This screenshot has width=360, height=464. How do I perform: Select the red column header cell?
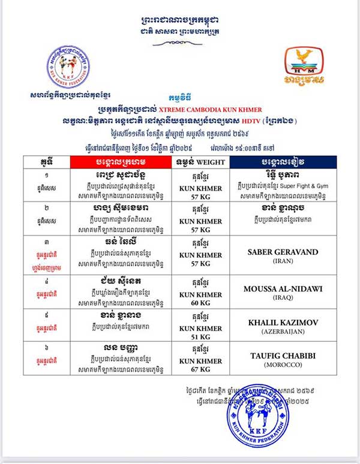tap(120, 162)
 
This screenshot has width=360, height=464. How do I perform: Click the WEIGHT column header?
tap(198, 162)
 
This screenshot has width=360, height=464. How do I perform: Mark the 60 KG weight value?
tap(198, 303)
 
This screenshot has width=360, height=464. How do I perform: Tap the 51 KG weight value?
tap(198, 336)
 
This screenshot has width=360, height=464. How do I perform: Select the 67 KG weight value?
tap(198, 369)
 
